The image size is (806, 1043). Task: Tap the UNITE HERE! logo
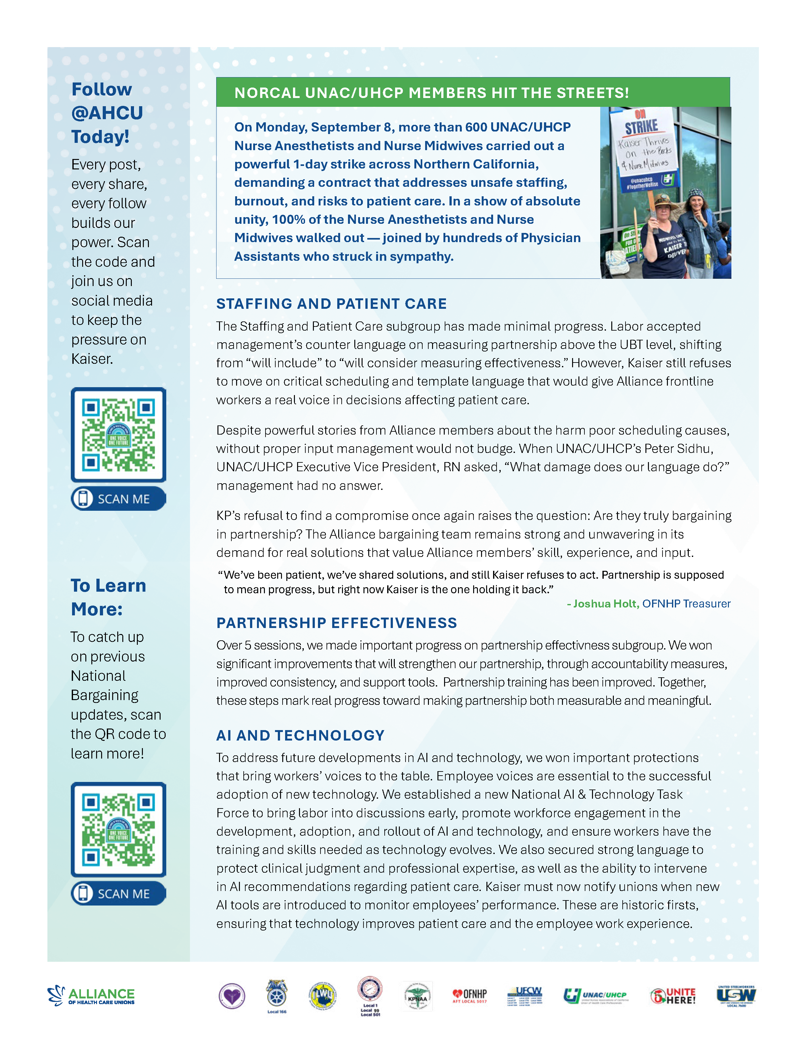[x=673, y=996]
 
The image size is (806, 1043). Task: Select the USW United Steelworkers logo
[x=736, y=995]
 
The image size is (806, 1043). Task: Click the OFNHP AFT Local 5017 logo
[x=469, y=995]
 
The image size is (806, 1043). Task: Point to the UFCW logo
[x=524, y=996]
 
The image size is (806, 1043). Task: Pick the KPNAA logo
[x=417, y=996]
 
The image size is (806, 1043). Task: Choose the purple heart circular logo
[x=232, y=996]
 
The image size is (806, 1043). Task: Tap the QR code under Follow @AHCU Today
[x=119, y=435]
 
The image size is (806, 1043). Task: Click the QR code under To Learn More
[x=119, y=830]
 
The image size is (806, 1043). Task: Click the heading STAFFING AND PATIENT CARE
[x=331, y=304]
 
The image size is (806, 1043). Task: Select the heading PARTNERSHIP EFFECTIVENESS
[x=337, y=623]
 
